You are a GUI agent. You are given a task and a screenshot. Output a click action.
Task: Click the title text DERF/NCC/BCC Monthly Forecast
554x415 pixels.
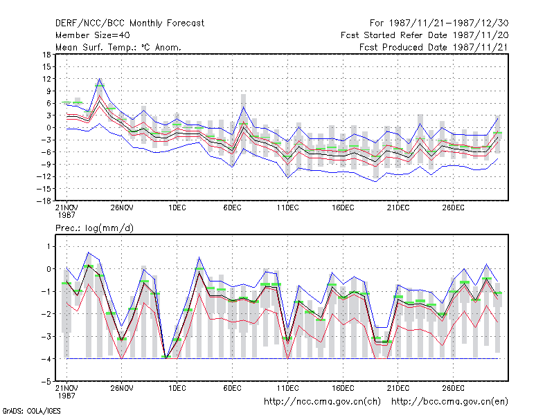click(129, 24)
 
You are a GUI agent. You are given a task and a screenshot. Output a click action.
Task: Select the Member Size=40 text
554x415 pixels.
click(93, 35)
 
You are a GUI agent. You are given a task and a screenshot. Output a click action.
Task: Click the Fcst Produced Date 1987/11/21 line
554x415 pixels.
click(434, 47)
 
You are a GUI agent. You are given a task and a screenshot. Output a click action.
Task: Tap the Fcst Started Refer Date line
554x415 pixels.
click(425, 35)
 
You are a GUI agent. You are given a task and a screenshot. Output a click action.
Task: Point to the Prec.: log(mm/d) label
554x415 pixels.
click(94, 228)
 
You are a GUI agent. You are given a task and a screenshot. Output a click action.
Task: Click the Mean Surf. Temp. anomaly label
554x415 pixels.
click(118, 47)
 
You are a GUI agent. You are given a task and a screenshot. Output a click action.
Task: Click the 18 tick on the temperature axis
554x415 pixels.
click(46, 55)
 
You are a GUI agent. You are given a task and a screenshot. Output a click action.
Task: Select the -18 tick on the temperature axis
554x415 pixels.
click(44, 201)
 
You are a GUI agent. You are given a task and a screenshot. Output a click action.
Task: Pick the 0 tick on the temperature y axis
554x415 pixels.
click(48, 128)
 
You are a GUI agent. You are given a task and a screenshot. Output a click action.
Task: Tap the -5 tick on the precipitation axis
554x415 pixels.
click(47, 382)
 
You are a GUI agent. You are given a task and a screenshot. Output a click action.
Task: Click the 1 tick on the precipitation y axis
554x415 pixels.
click(49, 246)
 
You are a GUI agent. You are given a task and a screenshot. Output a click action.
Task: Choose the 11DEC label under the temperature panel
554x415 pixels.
click(287, 208)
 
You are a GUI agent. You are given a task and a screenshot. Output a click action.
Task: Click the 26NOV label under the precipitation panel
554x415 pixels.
click(122, 388)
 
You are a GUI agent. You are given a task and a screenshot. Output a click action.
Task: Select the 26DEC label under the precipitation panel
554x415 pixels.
click(454, 388)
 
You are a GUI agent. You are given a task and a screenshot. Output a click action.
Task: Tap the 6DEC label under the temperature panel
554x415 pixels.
click(233, 208)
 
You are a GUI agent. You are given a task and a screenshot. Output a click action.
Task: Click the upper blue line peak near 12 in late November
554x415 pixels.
click(100, 78)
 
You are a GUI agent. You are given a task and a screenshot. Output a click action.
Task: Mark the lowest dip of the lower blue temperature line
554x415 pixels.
click(376, 181)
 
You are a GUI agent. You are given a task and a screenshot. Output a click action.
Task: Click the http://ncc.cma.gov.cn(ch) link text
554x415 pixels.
click(322, 402)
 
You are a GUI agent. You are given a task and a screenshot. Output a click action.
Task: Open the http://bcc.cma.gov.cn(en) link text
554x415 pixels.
click(449, 402)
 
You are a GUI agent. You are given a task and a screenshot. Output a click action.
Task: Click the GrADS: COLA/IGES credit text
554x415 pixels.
click(32, 411)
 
